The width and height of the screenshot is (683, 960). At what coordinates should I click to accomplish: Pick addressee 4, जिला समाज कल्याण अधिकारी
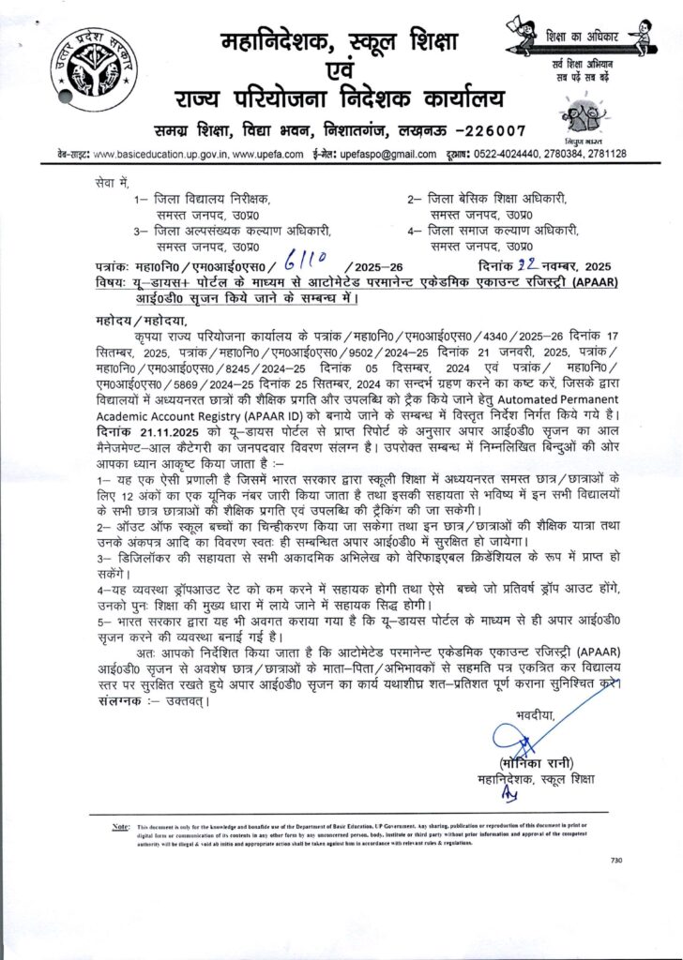496,231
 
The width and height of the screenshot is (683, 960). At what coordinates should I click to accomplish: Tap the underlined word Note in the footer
120,827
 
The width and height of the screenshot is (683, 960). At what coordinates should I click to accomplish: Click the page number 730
616,860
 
